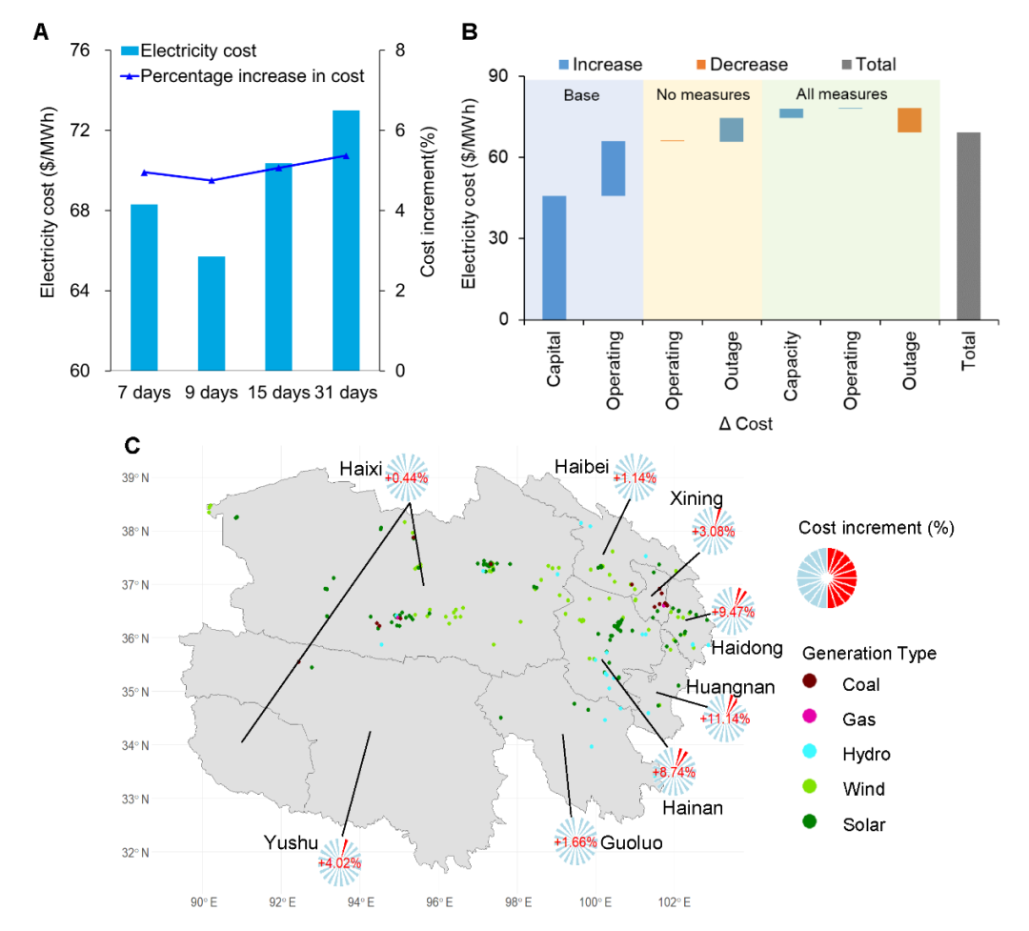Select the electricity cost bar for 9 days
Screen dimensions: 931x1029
pyautogui.click(x=212, y=314)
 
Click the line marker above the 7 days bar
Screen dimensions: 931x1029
pyautogui.click(x=144, y=172)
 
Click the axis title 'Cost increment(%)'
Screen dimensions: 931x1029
pyautogui.click(x=428, y=212)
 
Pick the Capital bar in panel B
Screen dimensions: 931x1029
pyautogui.click(x=554, y=257)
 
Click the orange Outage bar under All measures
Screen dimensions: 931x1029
pyautogui.click(x=909, y=120)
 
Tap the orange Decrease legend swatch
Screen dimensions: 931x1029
pyautogui.click(x=700, y=65)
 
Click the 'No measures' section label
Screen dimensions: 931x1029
pyautogui.click(x=703, y=95)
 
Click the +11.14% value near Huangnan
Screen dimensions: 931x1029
pyautogui.click(x=725, y=718)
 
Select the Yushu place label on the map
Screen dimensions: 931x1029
pyautogui.click(x=292, y=842)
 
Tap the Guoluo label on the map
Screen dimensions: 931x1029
pyautogui.click(x=632, y=843)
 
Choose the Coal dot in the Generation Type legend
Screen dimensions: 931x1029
pyautogui.click(x=810, y=683)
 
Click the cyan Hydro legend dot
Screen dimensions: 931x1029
pyautogui.click(x=810, y=754)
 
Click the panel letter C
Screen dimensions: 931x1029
pyautogui.click(x=133, y=445)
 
